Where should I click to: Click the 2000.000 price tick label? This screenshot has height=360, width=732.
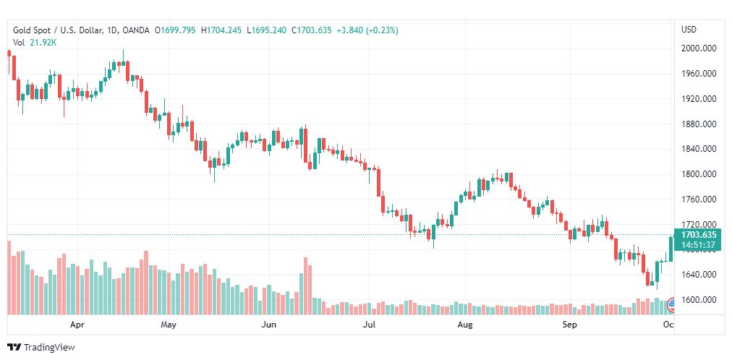[x=699, y=48]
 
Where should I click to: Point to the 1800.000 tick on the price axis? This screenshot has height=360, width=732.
[x=699, y=174]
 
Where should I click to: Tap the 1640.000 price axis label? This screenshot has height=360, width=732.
[x=699, y=275]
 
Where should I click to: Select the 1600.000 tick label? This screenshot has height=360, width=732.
[x=699, y=300]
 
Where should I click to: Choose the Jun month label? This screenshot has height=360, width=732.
[x=268, y=325]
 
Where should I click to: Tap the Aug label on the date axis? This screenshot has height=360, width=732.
[x=465, y=325]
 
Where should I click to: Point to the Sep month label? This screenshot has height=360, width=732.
[x=570, y=325]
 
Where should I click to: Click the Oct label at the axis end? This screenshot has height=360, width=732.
[x=668, y=325]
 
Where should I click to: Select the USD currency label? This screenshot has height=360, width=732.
[x=689, y=30]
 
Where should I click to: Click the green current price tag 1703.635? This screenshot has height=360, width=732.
[x=699, y=234]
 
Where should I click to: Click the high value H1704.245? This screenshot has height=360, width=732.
[x=221, y=30]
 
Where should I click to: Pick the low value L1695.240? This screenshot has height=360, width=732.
[x=266, y=30]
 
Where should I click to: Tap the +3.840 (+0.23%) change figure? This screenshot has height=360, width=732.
[x=367, y=30]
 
